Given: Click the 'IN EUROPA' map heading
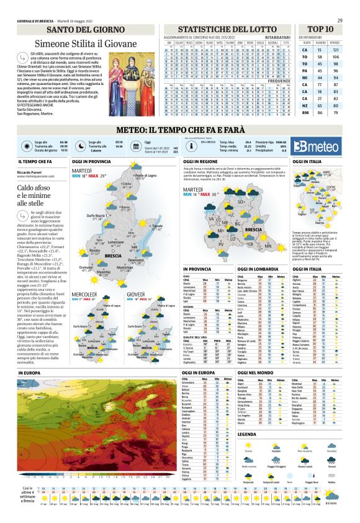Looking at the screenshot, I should click(29, 372).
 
